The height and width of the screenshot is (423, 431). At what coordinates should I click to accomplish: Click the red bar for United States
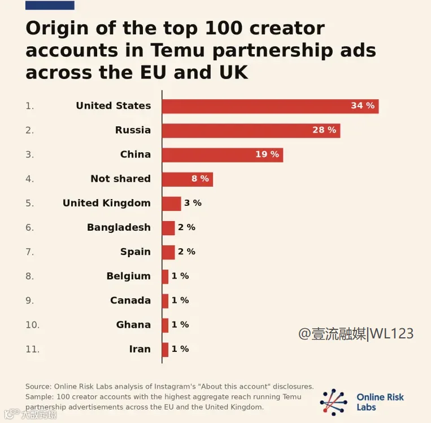pyautogui.click(x=270, y=106)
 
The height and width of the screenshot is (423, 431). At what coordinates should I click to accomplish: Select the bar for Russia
pyautogui.click(x=251, y=130)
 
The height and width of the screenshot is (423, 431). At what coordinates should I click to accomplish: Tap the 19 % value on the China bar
pyautogui.click(x=267, y=155)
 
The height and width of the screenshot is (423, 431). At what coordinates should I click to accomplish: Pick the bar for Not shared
pyautogui.click(x=188, y=179)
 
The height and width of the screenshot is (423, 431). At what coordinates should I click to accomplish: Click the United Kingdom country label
pyautogui.click(x=107, y=203)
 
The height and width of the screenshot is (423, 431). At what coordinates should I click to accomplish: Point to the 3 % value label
pyautogui.click(x=193, y=203)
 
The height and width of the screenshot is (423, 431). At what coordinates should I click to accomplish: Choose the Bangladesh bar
pyautogui.click(x=168, y=228)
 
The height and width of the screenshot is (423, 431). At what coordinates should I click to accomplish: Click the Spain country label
pyautogui.click(x=136, y=252)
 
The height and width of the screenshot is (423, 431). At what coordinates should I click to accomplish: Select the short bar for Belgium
pyautogui.click(x=165, y=276)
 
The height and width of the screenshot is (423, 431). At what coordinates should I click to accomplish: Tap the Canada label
pyautogui.click(x=130, y=300)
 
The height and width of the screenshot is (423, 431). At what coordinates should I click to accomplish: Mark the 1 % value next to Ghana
pyautogui.click(x=180, y=324)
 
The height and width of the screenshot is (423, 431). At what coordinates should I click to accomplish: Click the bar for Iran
pyautogui.click(x=165, y=350)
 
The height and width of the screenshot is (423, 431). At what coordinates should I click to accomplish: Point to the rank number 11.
pyautogui.click(x=32, y=349)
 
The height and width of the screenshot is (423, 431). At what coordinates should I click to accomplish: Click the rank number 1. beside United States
pyautogui.click(x=30, y=106)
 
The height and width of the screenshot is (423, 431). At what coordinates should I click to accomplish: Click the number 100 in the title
pyautogui.click(x=223, y=28)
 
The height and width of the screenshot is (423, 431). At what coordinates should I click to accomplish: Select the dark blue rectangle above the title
pyautogui.click(x=50, y=5)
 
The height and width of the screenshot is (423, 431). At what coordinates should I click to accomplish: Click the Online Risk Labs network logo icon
pyautogui.click(x=333, y=402)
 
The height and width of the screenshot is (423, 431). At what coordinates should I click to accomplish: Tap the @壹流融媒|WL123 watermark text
pyautogui.click(x=356, y=334)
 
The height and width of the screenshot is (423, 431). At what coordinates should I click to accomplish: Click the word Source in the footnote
pyautogui.click(x=37, y=386)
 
